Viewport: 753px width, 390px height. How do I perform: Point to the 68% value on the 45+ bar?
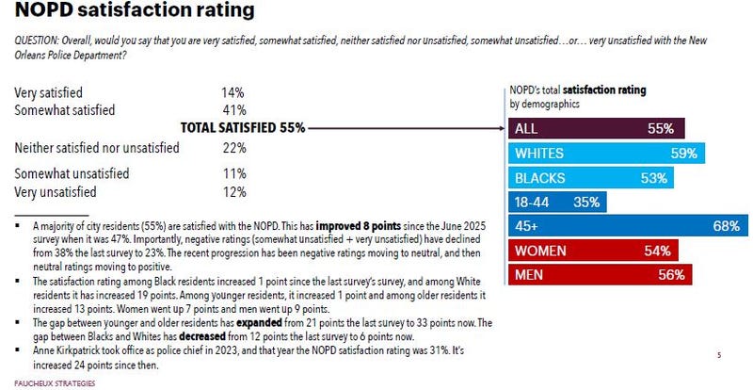[725, 226]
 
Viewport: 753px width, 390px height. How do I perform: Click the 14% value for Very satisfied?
[232, 93]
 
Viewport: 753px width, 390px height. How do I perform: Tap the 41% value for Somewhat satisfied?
[232, 109]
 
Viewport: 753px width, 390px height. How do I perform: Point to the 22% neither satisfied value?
[232, 148]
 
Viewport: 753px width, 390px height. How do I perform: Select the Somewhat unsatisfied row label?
[73, 174]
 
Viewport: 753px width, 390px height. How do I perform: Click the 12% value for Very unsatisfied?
[232, 191]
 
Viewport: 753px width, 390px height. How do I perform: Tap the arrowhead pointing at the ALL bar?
[499, 128]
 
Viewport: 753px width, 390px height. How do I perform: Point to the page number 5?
[718, 355]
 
